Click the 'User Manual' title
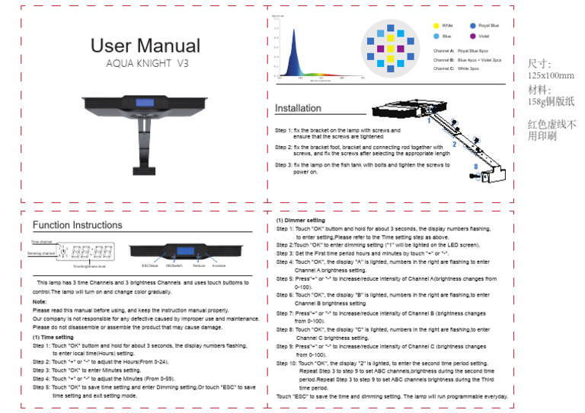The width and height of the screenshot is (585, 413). pos(145,46)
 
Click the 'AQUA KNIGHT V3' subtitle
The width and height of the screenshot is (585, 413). pos(146,63)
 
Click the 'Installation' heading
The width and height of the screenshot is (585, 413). pos(298,108)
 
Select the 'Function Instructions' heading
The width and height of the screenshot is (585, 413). pos(77,225)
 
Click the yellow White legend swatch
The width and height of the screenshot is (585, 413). pos(436,25)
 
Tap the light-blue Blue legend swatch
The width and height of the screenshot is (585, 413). pos(436,36)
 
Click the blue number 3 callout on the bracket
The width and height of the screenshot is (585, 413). pos(475,165)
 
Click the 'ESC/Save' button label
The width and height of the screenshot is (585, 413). pos(150,265)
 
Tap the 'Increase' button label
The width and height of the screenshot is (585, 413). pos(219,265)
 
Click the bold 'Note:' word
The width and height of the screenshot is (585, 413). pos(40,302)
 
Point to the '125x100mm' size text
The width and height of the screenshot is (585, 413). pos(551,76)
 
